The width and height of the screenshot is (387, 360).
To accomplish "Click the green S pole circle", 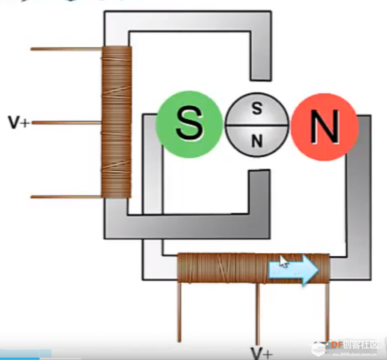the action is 189,124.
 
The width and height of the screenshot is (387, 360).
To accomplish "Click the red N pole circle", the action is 325,127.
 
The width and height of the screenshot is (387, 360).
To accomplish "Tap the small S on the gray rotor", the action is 257,109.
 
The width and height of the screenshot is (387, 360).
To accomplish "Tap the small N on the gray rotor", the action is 257,141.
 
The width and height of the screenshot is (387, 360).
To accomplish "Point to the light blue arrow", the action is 293,270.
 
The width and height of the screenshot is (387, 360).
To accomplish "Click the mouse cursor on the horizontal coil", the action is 284,261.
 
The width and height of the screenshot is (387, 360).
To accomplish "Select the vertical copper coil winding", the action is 116,122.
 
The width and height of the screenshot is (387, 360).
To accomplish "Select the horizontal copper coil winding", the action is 253,268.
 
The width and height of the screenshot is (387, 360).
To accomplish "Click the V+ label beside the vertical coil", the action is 19,122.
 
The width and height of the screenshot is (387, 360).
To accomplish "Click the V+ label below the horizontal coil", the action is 262,353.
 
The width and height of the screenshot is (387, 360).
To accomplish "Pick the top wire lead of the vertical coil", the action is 66,49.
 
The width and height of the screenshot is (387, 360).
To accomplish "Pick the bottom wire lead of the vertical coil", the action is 66,197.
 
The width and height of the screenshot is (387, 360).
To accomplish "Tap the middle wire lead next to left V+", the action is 67,122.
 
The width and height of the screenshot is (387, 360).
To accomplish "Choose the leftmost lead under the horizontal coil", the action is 179,312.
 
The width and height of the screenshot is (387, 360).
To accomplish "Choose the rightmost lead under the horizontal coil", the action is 327,312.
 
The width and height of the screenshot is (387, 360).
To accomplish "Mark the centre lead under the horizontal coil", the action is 257,314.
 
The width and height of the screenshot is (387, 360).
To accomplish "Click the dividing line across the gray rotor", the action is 257,126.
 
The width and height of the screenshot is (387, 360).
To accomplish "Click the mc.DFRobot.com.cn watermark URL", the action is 354,354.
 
